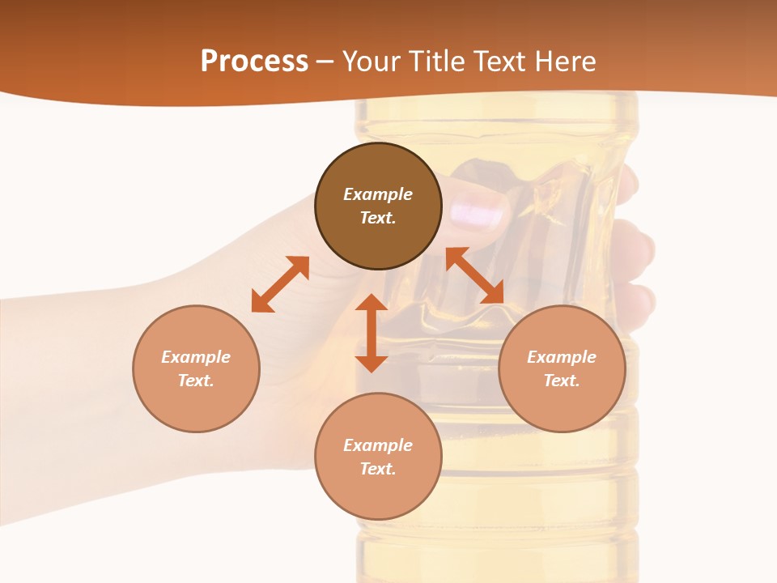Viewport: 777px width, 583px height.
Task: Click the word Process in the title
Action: (254, 61)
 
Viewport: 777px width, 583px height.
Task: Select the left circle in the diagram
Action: (196, 405)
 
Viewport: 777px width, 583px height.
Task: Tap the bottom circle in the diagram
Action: (378, 494)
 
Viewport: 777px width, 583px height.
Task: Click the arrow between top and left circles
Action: (280, 284)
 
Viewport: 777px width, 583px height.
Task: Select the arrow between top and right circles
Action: (474, 275)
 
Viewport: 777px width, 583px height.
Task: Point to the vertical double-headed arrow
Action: (372, 333)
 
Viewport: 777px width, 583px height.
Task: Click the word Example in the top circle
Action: (378, 194)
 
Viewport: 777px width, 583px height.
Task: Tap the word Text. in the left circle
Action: (196, 381)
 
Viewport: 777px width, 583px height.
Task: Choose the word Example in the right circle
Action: (562, 357)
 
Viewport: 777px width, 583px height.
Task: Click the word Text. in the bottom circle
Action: (378, 469)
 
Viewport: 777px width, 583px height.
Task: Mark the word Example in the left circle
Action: (196, 357)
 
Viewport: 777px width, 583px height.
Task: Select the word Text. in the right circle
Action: (562, 381)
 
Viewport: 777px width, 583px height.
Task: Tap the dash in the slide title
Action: (325, 62)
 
